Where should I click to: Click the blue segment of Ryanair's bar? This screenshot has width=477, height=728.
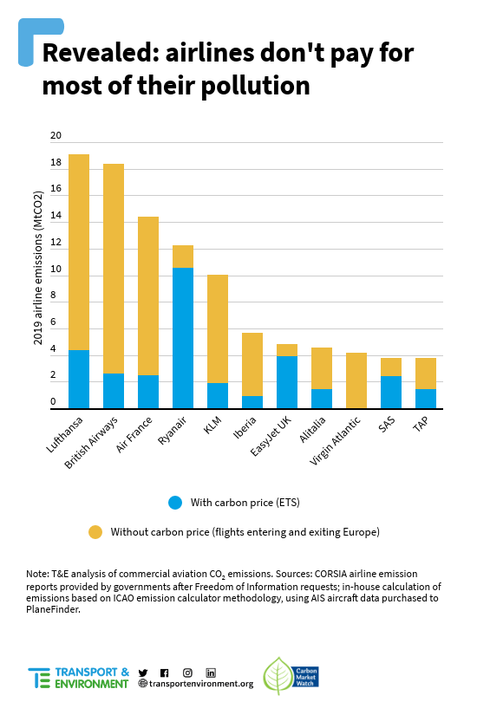coord(182,338)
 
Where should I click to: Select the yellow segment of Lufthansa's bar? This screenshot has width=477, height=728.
coord(79,252)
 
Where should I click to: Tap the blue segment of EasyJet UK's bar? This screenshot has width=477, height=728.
coord(287,382)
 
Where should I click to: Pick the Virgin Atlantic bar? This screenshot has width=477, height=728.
coord(356,380)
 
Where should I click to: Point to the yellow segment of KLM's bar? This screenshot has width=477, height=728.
coord(218,328)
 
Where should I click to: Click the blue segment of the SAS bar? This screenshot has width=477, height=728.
coord(391,393)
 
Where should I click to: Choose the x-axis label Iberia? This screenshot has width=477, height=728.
coord(245,427)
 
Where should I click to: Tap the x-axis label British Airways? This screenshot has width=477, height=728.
coord(91,443)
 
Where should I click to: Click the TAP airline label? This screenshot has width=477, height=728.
coord(421,424)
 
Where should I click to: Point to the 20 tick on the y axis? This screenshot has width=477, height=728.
coord(56,135)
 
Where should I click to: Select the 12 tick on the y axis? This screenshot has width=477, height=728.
coord(56,242)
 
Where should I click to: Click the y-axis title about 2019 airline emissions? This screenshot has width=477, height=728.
coord(37,268)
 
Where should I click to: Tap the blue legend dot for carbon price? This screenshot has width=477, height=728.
coord(175,503)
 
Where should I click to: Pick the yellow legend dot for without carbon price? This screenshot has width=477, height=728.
coord(95,532)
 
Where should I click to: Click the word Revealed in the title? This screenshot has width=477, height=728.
coord(101,53)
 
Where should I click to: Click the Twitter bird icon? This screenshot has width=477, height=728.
coord(143,673)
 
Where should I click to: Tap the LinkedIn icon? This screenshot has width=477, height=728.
coord(211,673)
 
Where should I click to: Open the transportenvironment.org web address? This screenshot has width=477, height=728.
coord(196,684)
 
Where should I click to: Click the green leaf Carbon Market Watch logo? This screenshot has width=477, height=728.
coord(291,676)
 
